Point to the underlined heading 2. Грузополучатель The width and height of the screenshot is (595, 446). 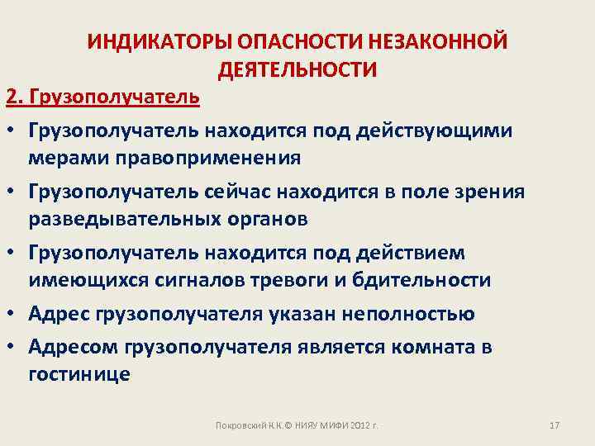pos(102,98)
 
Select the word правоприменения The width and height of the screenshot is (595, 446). pos(206,157)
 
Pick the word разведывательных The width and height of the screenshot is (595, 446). pos(116,218)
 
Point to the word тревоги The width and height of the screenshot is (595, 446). pos(304,279)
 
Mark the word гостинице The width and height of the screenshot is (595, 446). pos(79,373)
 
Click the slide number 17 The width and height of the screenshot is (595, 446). pos(555,425)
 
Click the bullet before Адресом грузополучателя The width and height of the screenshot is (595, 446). pos(15,348)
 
